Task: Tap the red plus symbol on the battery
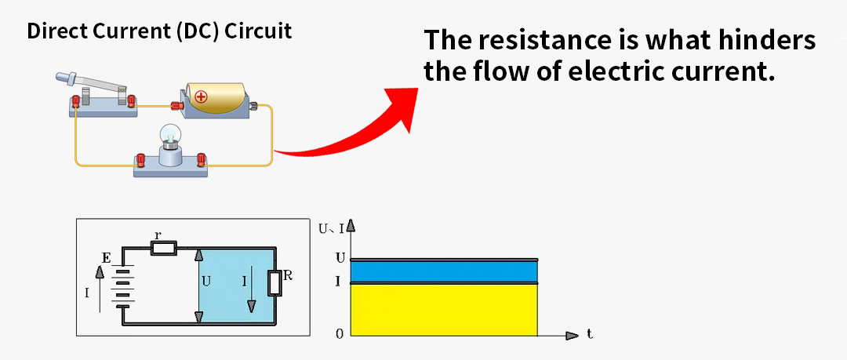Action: coord(202,97)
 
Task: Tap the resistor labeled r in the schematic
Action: coord(164,249)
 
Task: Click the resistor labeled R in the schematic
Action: coord(274,283)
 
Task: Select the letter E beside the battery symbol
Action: coord(106,257)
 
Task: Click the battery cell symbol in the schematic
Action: coord(121,286)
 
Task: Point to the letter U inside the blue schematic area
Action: coord(206,280)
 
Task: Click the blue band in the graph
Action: coord(444,271)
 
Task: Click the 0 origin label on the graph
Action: coord(340,334)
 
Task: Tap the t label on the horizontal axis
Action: coord(589,334)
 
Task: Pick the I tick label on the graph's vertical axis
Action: coord(339,281)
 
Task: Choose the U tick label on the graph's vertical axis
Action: coord(339,257)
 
